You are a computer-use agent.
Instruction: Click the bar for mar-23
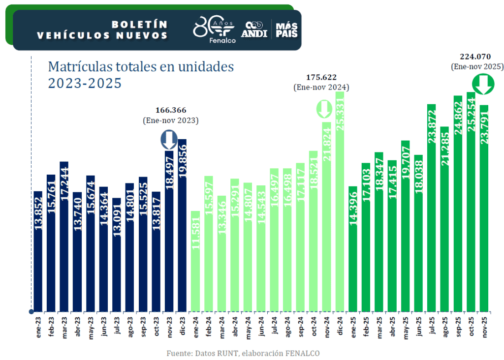[64, 236]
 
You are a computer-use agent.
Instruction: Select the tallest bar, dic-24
[340, 202]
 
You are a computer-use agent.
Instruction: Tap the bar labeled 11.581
[195, 261]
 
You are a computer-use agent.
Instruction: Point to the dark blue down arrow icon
[169, 140]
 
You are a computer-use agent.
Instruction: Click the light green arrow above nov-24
[324, 109]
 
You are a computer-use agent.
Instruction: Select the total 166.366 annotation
[171, 110]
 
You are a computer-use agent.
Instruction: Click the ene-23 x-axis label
[37, 326]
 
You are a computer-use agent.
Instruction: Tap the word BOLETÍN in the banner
[139, 24]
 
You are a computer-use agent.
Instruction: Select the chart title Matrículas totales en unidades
[141, 67]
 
